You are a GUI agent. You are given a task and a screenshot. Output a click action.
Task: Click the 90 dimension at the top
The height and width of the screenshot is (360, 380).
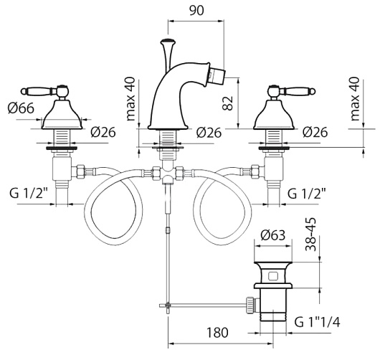[x=196, y=10]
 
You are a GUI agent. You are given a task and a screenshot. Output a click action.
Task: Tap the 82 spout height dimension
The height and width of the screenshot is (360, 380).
[x=228, y=103]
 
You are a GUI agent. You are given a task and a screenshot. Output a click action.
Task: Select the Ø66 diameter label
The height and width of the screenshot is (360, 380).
[x=21, y=108]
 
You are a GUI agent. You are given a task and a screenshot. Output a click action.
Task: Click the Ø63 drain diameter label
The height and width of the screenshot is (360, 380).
[x=273, y=235]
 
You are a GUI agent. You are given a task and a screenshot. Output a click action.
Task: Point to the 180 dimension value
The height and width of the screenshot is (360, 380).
[x=217, y=333]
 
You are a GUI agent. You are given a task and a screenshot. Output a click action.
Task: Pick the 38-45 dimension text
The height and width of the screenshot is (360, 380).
[x=310, y=235]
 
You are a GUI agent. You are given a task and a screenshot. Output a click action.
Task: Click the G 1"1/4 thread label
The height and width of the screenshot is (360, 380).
[x=317, y=322]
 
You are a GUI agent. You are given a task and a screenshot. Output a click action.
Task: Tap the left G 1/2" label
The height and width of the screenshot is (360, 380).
[x=29, y=193]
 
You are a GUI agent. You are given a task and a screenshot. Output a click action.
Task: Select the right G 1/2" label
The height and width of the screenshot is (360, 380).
[x=306, y=193]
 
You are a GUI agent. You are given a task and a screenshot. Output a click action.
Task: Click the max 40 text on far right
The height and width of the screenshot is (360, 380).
[x=354, y=99]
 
